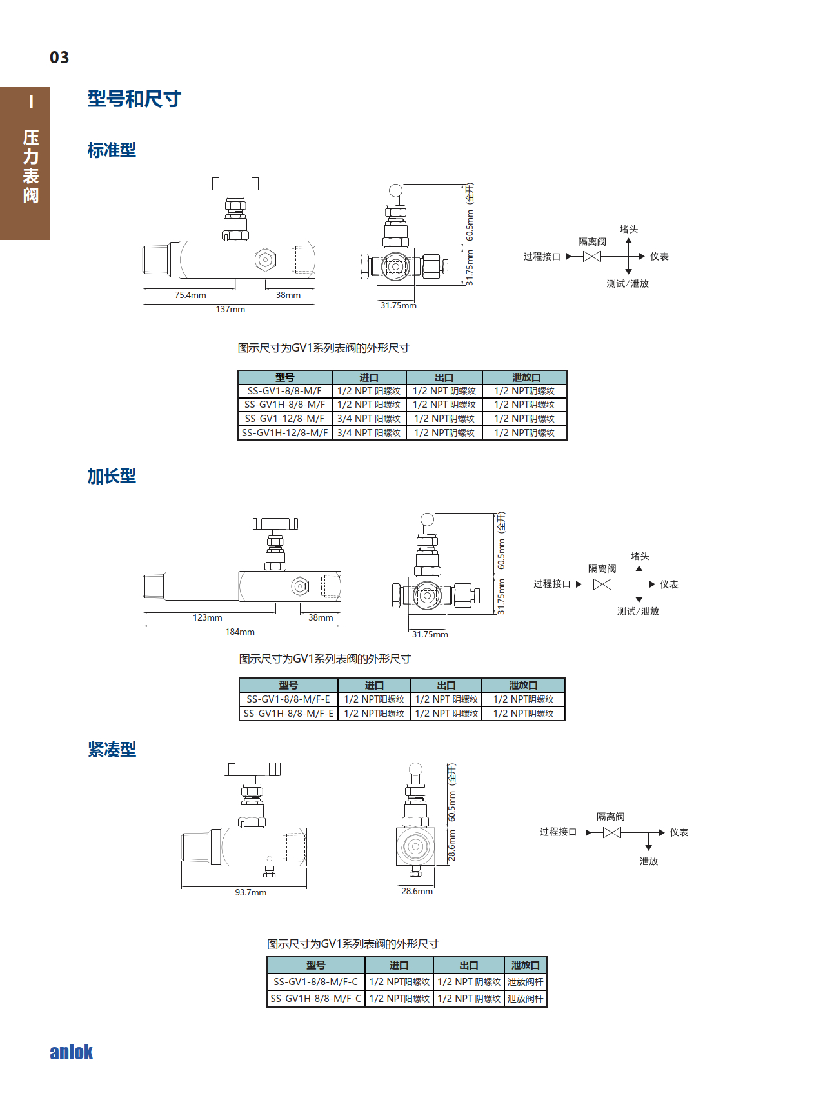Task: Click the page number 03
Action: pyautogui.click(x=59, y=57)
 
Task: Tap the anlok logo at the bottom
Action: pyautogui.click(x=72, y=1052)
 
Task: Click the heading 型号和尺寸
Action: pyautogui.click(x=134, y=99)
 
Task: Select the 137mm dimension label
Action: pyautogui.click(x=230, y=310)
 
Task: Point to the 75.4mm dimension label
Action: pyautogui.click(x=190, y=295)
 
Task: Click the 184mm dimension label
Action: pyautogui.click(x=240, y=632)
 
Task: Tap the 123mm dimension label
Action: pyautogui.click(x=207, y=618)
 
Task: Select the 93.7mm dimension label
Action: pyautogui.click(x=250, y=893)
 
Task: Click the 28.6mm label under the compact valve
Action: pyautogui.click(x=417, y=892)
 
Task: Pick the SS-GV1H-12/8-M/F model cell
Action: pyautogui.click(x=285, y=433)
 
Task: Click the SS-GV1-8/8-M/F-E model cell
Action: pyautogui.click(x=288, y=699)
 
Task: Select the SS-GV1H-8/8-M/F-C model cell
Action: pyautogui.click(x=316, y=999)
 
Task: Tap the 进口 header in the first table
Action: pyautogui.click(x=369, y=377)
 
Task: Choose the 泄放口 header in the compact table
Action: pyautogui.click(x=525, y=965)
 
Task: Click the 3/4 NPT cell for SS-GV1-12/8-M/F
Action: pyautogui.click(x=369, y=419)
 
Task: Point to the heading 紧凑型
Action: pyautogui.click(x=112, y=750)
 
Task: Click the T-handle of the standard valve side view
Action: pyautogui.click(x=235, y=183)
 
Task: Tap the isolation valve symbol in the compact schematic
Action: pyautogui.click(x=611, y=833)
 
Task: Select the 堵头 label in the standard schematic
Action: pyautogui.click(x=628, y=229)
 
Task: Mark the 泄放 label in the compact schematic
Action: pyautogui.click(x=648, y=861)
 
